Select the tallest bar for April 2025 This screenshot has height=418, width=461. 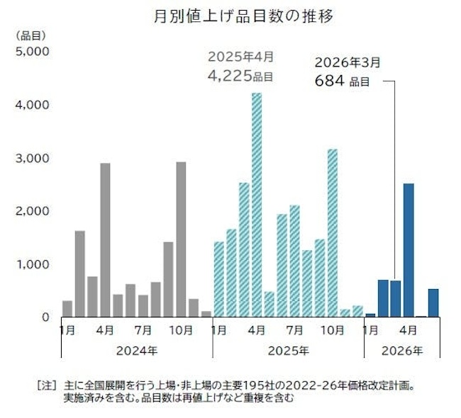tap(257, 205)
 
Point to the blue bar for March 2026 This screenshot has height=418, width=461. tap(396, 298)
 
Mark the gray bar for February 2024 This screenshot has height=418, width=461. tap(79, 273)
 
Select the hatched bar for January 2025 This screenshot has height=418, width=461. tap(218, 279)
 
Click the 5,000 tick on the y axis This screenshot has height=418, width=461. tap(30, 52)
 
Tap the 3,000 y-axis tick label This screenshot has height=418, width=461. tap(30, 158)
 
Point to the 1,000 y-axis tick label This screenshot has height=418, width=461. tap(30, 264)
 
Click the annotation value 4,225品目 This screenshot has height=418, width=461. tap(240, 73)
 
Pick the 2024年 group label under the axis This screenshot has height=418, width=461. tap(136, 350)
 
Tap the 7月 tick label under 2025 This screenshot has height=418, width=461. tap(294, 329)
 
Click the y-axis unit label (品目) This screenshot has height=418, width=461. tap(30, 35)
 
